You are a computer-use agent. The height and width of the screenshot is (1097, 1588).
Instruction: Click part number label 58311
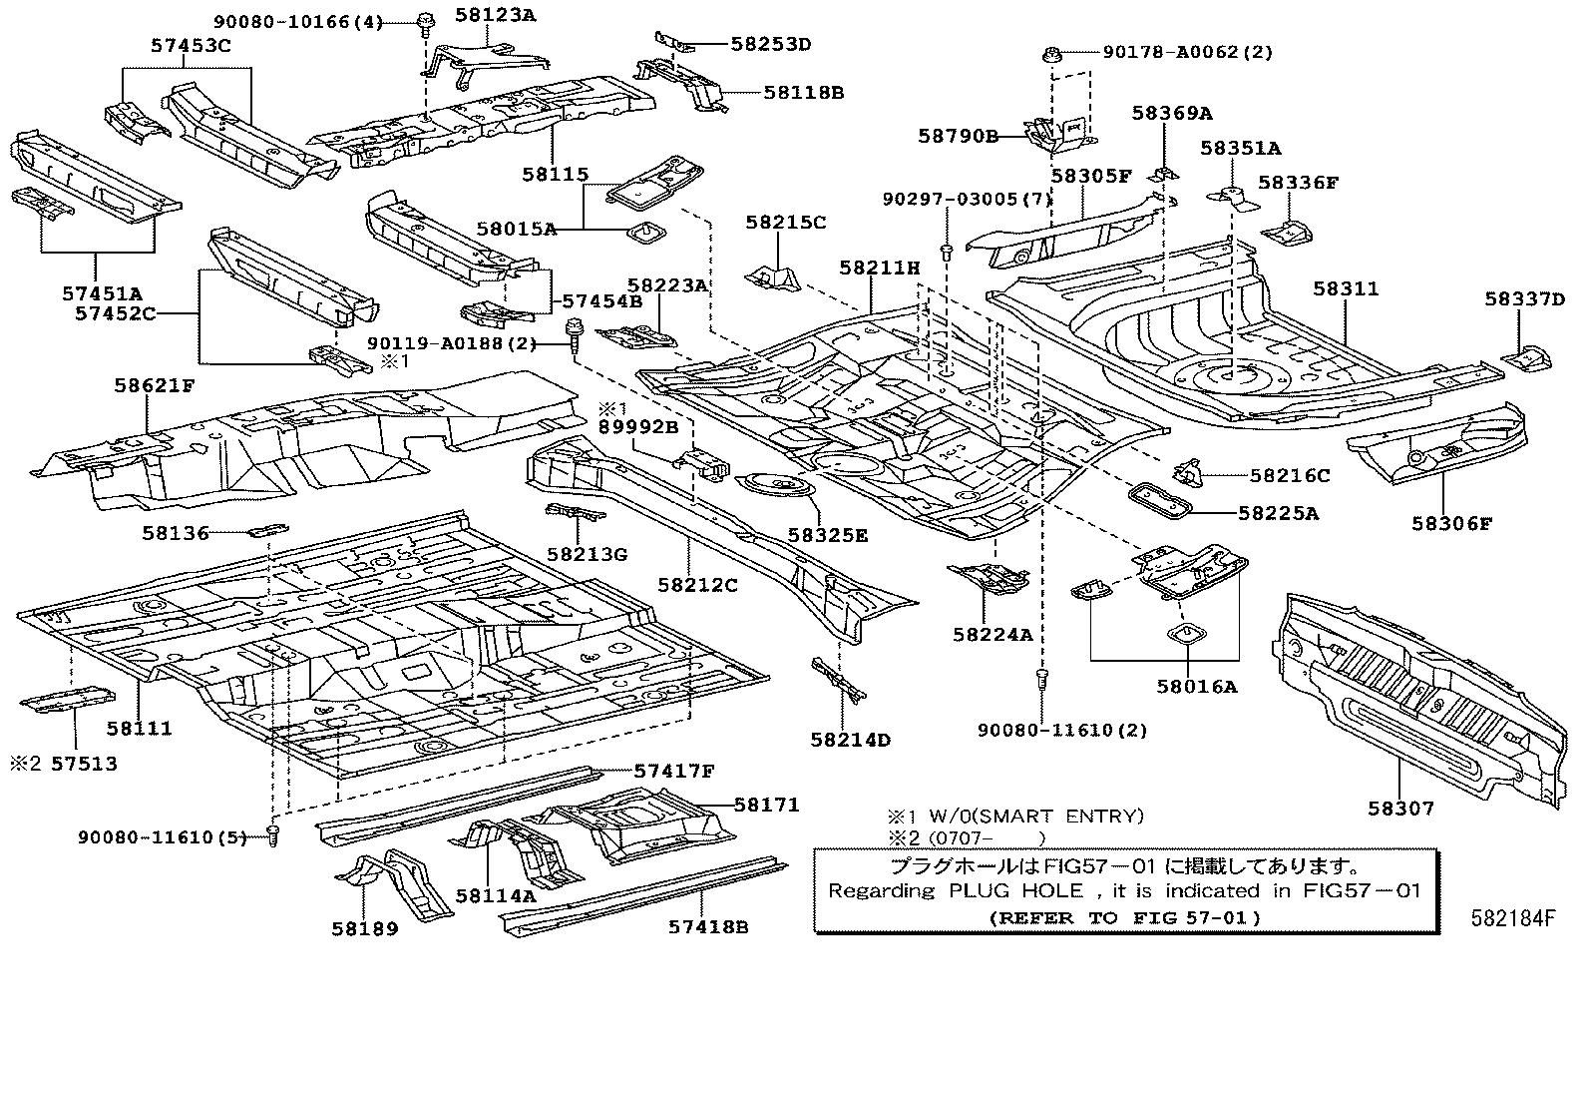click(x=1345, y=288)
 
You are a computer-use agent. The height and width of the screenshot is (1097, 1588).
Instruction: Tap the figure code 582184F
click(x=1511, y=919)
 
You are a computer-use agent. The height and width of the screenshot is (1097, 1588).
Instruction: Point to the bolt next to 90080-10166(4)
click(x=425, y=20)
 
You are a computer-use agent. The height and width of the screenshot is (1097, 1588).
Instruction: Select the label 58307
click(x=1400, y=809)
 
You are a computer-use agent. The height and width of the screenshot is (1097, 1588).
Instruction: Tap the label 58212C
click(x=697, y=585)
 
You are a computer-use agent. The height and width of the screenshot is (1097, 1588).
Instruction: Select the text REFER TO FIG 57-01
click(x=1124, y=917)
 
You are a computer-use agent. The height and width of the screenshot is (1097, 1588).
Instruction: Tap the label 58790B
click(x=959, y=136)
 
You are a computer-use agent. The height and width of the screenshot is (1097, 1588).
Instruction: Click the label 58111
click(x=140, y=728)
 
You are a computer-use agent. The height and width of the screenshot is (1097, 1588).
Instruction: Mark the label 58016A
click(x=1196, y=686)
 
